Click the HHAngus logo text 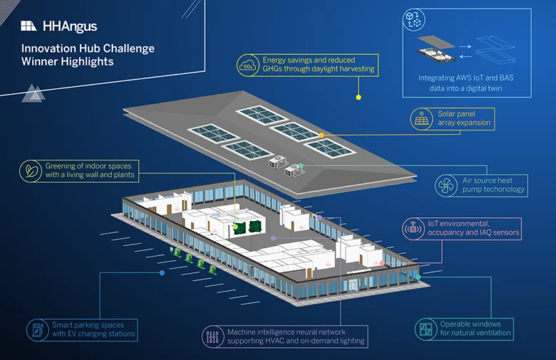70,26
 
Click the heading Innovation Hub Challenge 88,48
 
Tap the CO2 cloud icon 248,66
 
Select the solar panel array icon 421,119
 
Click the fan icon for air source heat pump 446,185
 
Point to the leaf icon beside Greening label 31,171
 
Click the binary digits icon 212,336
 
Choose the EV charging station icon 37,330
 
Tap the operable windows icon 426,329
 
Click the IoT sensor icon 413,229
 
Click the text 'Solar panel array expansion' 464,118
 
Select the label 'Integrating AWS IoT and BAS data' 465,83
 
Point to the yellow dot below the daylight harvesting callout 359,97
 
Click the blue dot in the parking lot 162,273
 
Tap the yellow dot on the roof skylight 321,135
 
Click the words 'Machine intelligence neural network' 286,332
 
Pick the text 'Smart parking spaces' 88,325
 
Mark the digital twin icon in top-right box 414,20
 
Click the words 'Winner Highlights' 68,61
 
